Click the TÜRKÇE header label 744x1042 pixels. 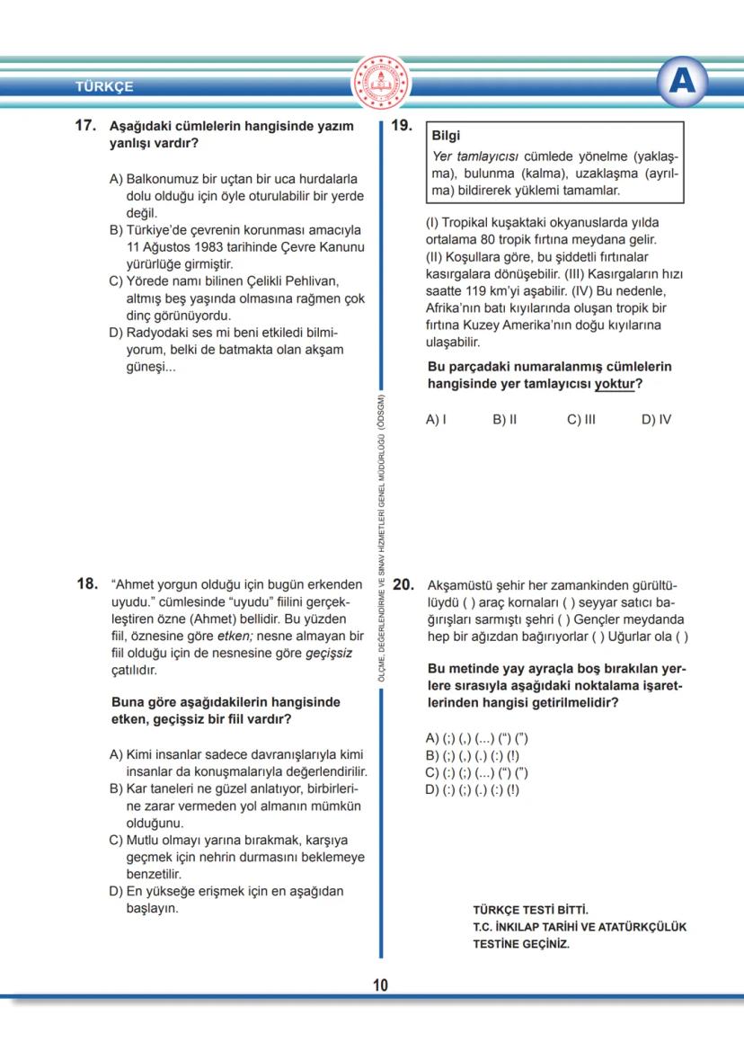coord(104,87)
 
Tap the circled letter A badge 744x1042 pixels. coord(682,83)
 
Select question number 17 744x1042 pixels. coord(85,127)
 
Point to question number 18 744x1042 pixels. coord(86,584)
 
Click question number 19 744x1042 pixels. coord(402,127)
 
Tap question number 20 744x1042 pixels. coord(403,584)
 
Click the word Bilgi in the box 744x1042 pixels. coord(446,137)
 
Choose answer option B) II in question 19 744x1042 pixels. coord(504,419)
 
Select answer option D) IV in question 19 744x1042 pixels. coord(656,419)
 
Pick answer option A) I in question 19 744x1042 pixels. coord(436,419)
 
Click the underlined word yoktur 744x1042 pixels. coord(608,384)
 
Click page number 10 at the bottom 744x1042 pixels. coord(380,985)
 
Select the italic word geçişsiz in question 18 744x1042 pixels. coord(329,654)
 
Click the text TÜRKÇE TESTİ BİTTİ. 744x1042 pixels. coord(530,910)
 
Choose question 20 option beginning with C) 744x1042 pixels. coord(476,772)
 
